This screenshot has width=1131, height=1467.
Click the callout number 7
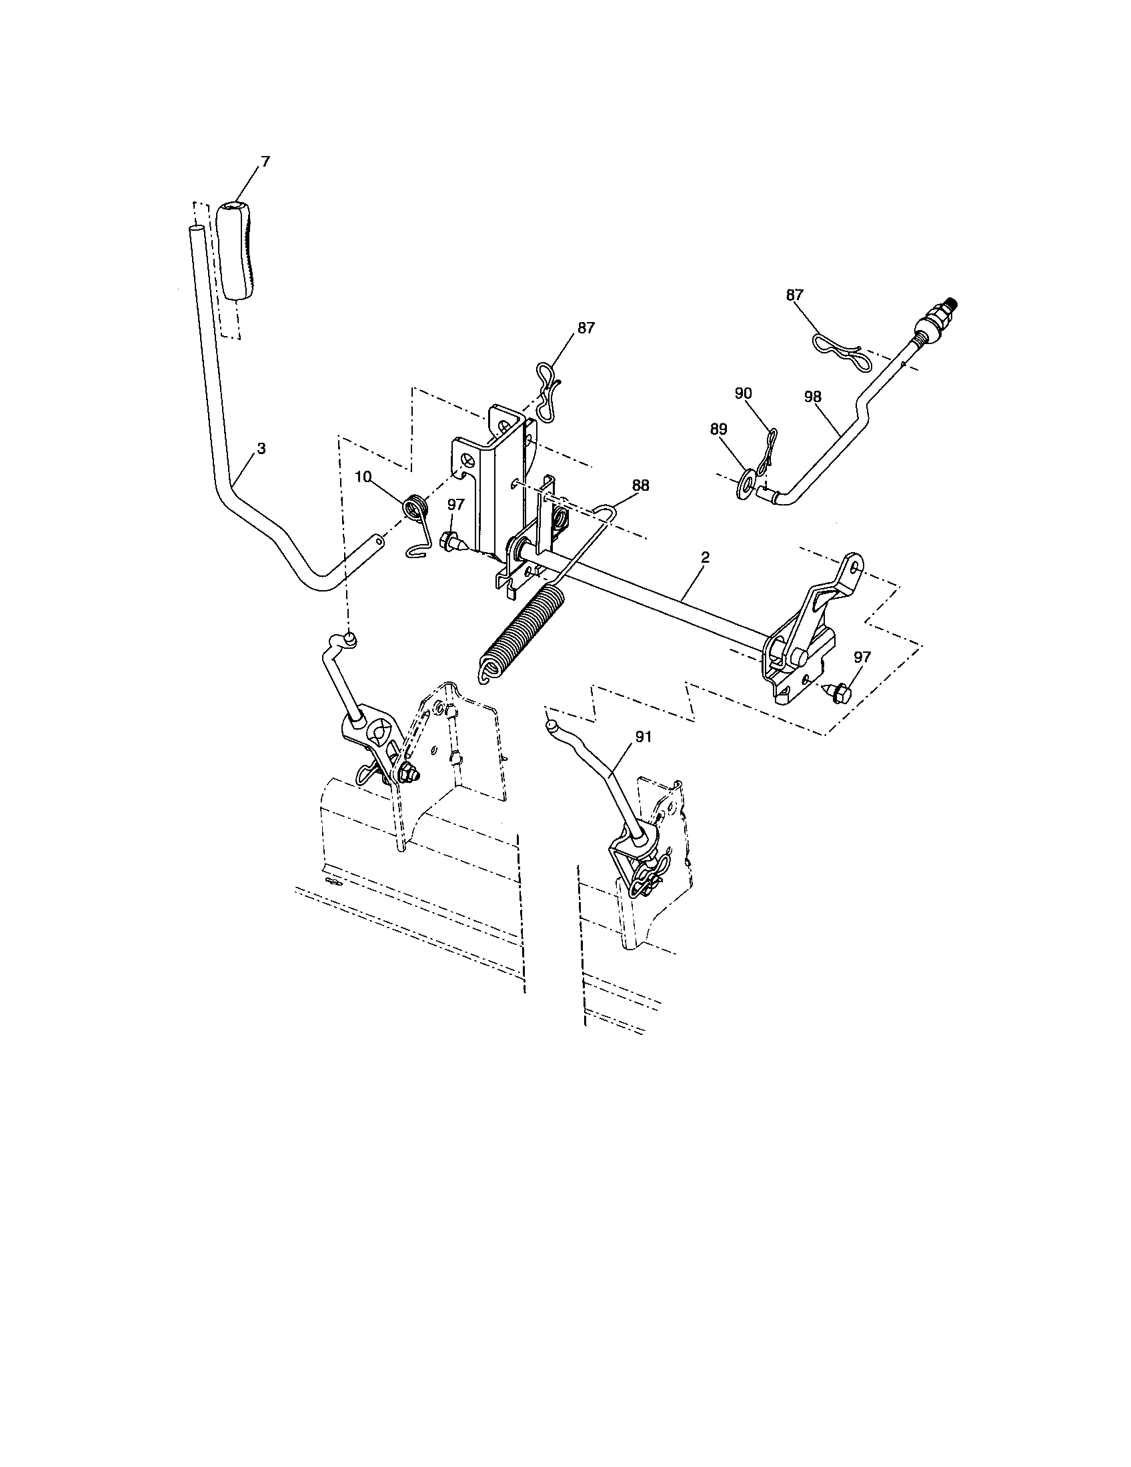(x=265, y=162)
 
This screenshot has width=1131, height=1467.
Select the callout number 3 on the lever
(x=261, y=449)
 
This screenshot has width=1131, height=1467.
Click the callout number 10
(x=363, y=477)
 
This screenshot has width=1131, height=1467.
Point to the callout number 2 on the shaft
(x=704, y=557)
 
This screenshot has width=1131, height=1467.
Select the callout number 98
(x=812, y=397)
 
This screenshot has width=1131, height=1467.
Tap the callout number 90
(x=743, y=393)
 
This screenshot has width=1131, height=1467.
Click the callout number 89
(x=718, y=429)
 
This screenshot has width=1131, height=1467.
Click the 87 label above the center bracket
(x=586, y=327)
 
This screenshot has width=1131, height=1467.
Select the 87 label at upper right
(x=794, y=295)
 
